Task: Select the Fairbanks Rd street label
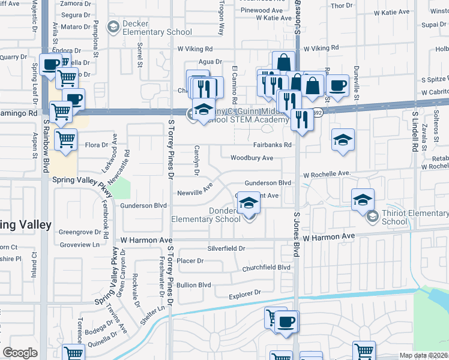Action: (x=272, y=145)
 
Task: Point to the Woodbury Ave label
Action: (x=252, y=158)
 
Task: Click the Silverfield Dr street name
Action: (x=226, y=248)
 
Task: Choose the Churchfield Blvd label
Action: (x=266, y=268)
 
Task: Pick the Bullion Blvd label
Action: (x=193, y=284)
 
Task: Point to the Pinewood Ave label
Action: (x=261, y=11)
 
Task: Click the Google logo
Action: (x=20, y=353)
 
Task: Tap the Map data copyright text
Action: (x=424, y=355)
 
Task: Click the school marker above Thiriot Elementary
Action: (x=363, y=199)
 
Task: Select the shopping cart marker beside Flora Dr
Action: (x=65, y=139)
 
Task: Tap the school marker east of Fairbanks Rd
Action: (x=343, y=140)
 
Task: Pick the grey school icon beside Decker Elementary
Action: (x=112, y=26)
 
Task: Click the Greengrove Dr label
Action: (x=79, y=232)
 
